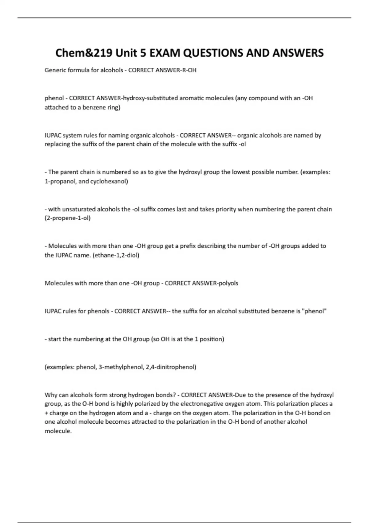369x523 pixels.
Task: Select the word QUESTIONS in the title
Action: click(213, 53)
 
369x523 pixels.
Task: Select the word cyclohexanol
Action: click(109, 181)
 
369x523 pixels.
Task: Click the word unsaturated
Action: click(79, 209)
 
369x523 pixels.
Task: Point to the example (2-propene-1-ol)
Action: click(68, 218)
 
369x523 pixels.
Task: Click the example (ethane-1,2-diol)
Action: click(116, 255)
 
